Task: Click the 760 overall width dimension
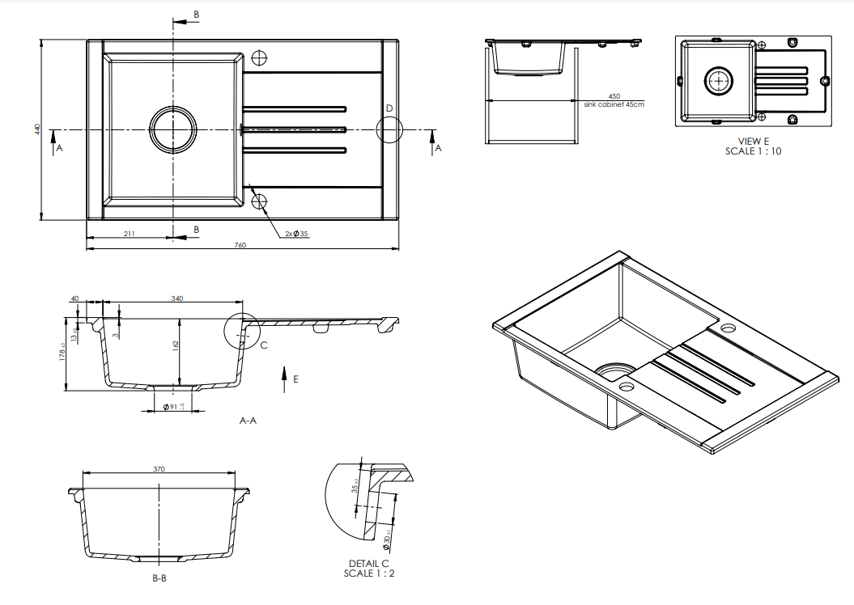point(240,245)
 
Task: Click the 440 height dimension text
point(36,129)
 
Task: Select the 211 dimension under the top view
point(129,234)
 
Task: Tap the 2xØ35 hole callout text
point(297,234)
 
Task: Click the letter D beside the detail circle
point(389,108)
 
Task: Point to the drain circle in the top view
point(172,129)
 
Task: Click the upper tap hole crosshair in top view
point(259,58)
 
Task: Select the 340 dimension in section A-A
point(176,298)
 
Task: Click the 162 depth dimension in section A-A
point(175,345)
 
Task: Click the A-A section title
point(248,421)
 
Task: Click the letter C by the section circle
point(264,345)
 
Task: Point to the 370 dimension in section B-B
point(159,468)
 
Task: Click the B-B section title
point(159,579)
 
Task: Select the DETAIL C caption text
point(369,564)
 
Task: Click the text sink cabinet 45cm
point(614,104)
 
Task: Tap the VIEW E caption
point(754,141)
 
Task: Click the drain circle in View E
point(718,81)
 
